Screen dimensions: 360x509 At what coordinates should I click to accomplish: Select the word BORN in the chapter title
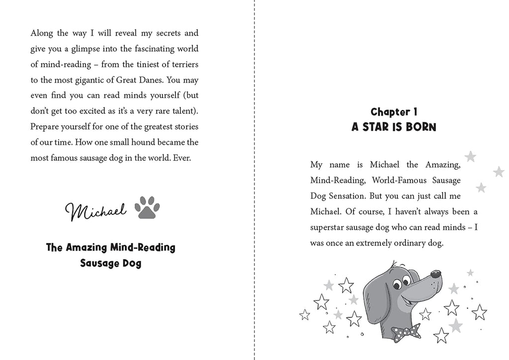point(420,127)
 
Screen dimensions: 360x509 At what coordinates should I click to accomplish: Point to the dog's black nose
point(435,274)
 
